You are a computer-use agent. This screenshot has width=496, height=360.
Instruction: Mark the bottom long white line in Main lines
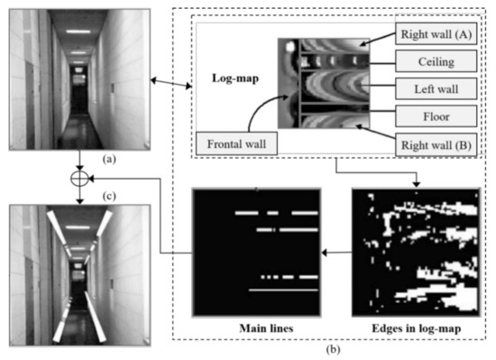point(283,291)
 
